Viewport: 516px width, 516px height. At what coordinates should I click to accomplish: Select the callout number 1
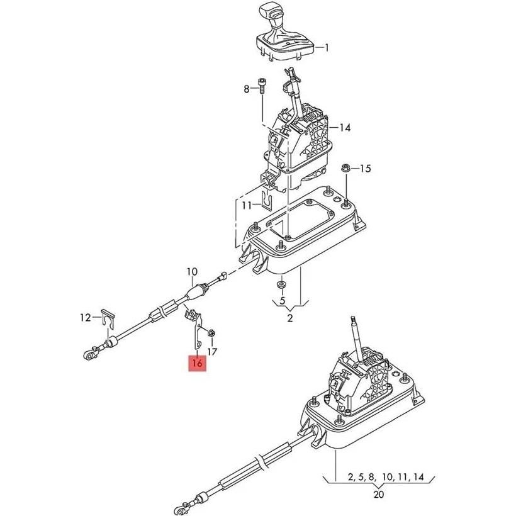327,47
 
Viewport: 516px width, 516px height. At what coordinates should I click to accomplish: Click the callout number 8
247,89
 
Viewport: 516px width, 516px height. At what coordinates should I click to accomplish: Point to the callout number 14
344,128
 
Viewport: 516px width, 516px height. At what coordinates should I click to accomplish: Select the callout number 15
366,168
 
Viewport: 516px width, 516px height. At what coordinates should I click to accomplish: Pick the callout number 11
247,205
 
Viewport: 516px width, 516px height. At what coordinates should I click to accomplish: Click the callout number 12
86,318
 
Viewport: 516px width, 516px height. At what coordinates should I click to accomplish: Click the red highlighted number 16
197,363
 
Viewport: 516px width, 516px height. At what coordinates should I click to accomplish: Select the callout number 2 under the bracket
290,318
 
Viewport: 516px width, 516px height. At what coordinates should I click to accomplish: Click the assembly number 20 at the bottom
378,494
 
